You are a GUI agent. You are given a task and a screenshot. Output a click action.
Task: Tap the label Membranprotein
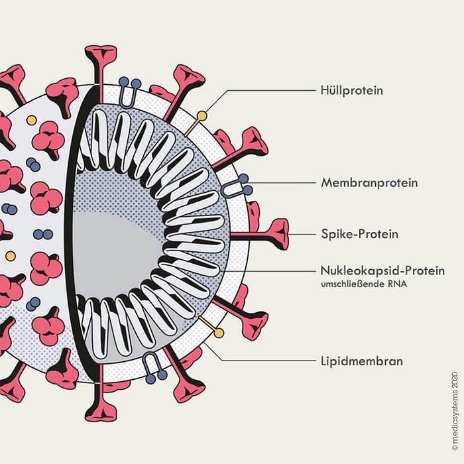pos(369,182)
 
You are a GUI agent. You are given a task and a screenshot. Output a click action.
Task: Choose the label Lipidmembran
pos(359,361)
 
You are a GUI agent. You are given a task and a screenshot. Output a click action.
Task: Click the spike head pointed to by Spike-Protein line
pos(278,234)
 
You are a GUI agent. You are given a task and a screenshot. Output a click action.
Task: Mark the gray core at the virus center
pos(116,245)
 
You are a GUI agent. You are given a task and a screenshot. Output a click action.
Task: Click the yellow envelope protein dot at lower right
pos(219,332)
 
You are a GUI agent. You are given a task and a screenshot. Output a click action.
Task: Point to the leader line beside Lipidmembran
pos(265,361)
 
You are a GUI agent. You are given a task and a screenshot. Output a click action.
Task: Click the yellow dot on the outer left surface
pos(10,255)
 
